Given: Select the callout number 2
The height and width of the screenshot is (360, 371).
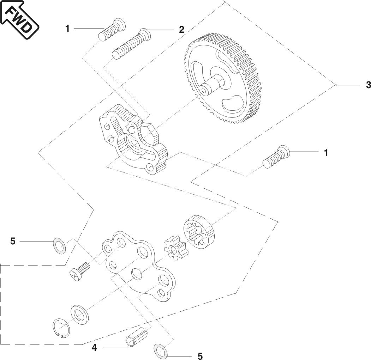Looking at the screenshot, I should pos(181,30).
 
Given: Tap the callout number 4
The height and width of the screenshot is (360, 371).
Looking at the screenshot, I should pos(94,348).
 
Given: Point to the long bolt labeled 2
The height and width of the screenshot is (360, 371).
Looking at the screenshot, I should pos(131,44).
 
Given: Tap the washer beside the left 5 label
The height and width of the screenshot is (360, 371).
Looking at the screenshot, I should pos(59,245).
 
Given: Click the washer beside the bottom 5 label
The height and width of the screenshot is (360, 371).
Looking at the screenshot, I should pos(161,350).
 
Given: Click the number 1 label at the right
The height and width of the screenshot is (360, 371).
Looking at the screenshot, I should pos(326,153).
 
